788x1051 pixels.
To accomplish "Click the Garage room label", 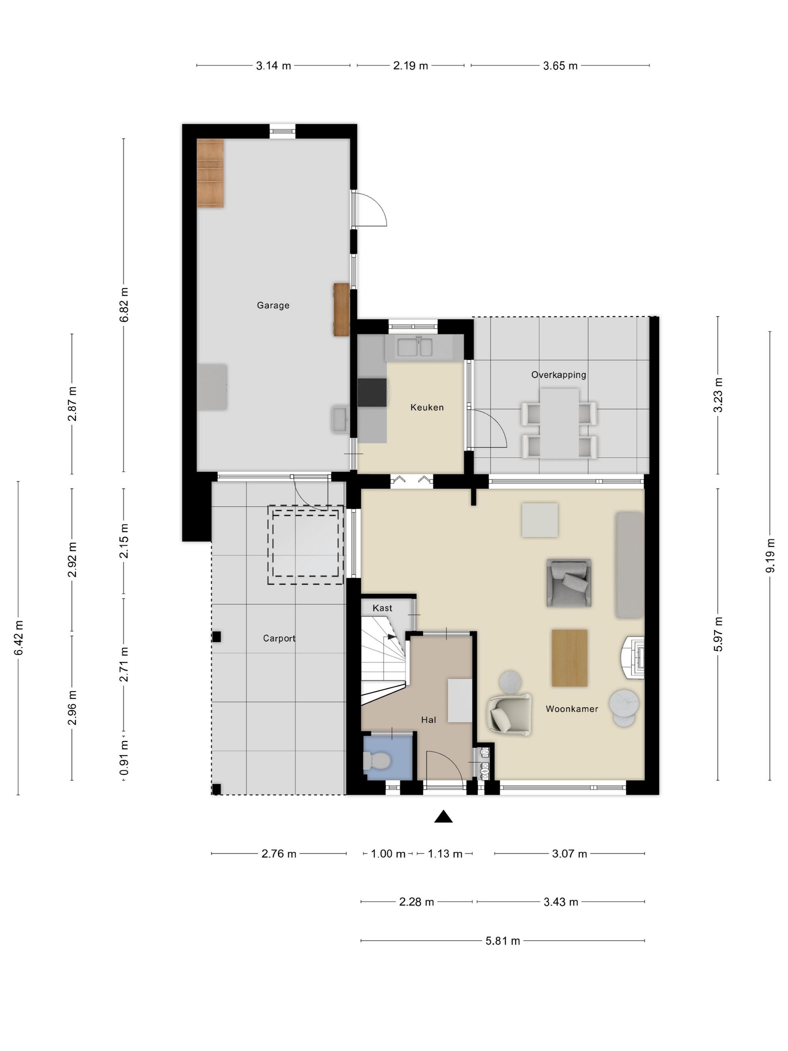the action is [273, 305].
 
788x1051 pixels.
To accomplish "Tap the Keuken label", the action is [427, 407].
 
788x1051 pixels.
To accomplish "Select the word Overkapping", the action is [559, 375].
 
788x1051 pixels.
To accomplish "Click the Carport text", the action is [279, 638].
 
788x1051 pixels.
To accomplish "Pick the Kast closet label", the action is [382, 608].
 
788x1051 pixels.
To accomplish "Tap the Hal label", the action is [429, 720].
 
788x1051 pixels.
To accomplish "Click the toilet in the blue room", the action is [377, 761].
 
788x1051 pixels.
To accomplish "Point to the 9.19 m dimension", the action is [770, 556].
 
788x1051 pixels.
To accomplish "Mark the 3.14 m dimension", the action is [274, 66].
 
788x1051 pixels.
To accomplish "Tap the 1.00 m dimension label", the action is [388, 854].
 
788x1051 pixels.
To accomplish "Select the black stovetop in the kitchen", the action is [372, 393].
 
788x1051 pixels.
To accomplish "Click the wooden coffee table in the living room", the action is [570, 658].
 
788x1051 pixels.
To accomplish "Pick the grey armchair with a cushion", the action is [568, 583].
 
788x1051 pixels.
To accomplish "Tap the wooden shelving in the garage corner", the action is [211, 173].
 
